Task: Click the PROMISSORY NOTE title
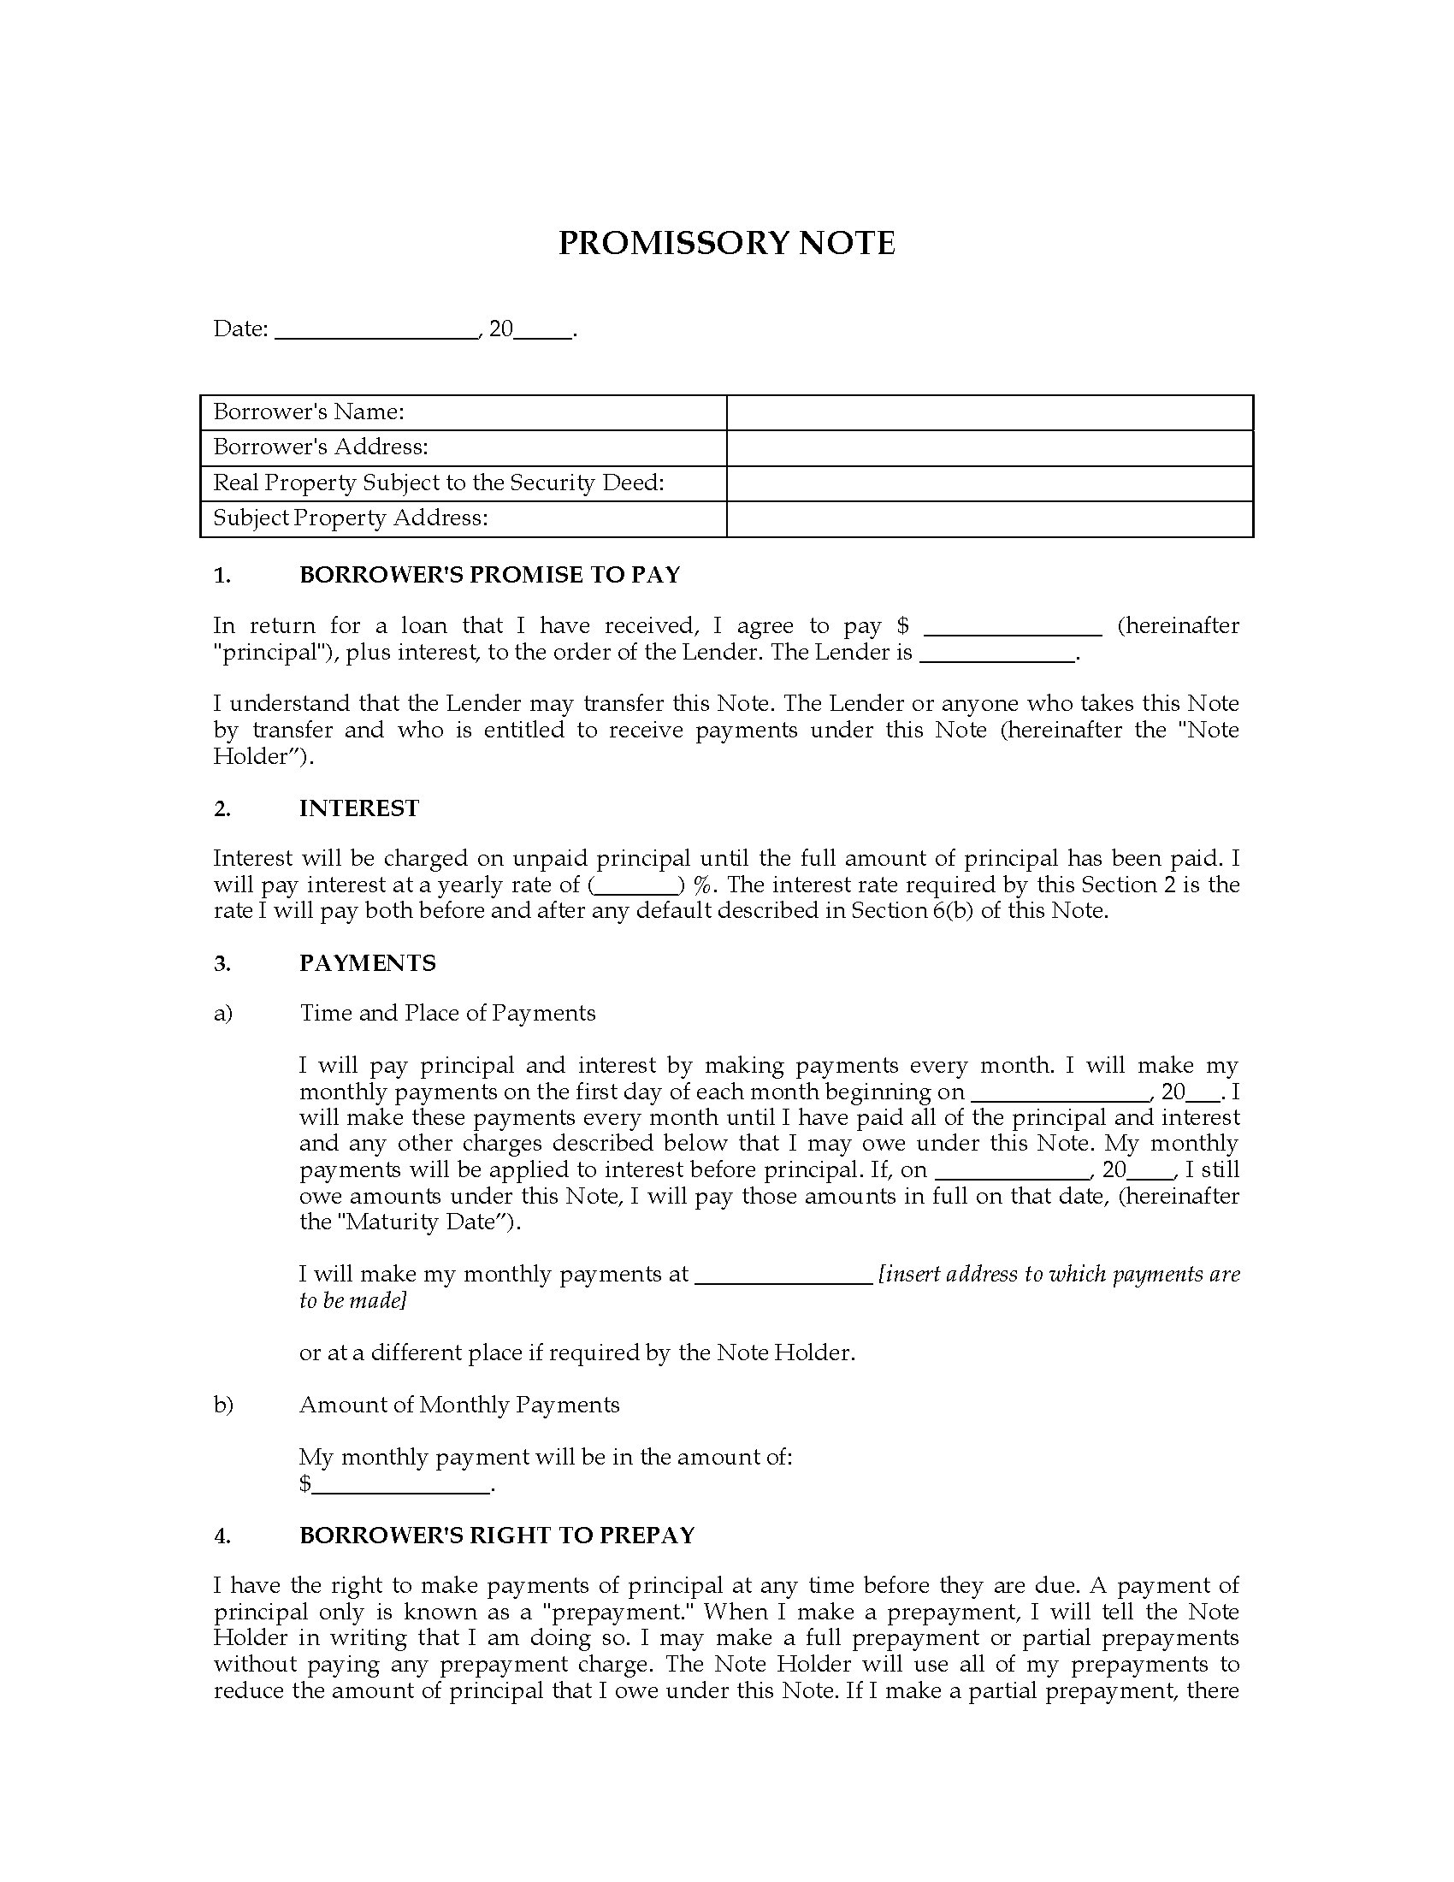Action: (726, 243)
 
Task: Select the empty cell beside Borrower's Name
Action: (989, 413)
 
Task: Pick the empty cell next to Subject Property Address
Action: (989, 518)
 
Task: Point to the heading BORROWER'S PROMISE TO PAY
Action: (489, 575)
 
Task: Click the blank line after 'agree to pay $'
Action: (1011, 628)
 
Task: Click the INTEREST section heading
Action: (359, 808)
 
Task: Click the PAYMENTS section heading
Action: (368, 963)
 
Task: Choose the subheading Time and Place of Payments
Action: (447, 1014)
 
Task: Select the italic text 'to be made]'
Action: (352, 1300)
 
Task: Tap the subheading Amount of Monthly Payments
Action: (459, 1406)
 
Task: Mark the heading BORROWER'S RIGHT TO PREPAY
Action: (496, 1536)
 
